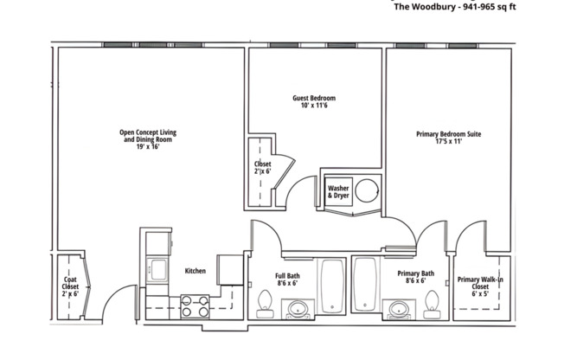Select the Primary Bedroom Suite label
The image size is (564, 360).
pyautogui.click(x=448, y=134)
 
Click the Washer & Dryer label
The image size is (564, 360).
pyautogui.click(x=338, y=191)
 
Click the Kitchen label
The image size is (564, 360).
pyautogui.click(x=195, y=271)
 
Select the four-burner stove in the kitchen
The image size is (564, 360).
pyautogui.click(x=195, y=305)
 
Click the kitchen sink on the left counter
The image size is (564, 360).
pyautogui.click(x=157, y=270)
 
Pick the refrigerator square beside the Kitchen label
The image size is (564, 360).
pyautogui.click(x=228, y=268)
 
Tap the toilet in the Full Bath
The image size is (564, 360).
pyautogui.click(x=265, y=303)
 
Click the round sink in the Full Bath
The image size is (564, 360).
pyautogui.click(x=299, y=308)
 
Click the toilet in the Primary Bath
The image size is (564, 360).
pyautogui.click(x=431, y=303)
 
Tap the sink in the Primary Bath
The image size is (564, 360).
pyautogui.click(x=399, y=308)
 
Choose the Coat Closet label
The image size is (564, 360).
pyautogui.click(x=70, y=286)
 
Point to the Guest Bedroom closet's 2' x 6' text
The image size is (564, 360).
pyautogui.click(x=262, y=171)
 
